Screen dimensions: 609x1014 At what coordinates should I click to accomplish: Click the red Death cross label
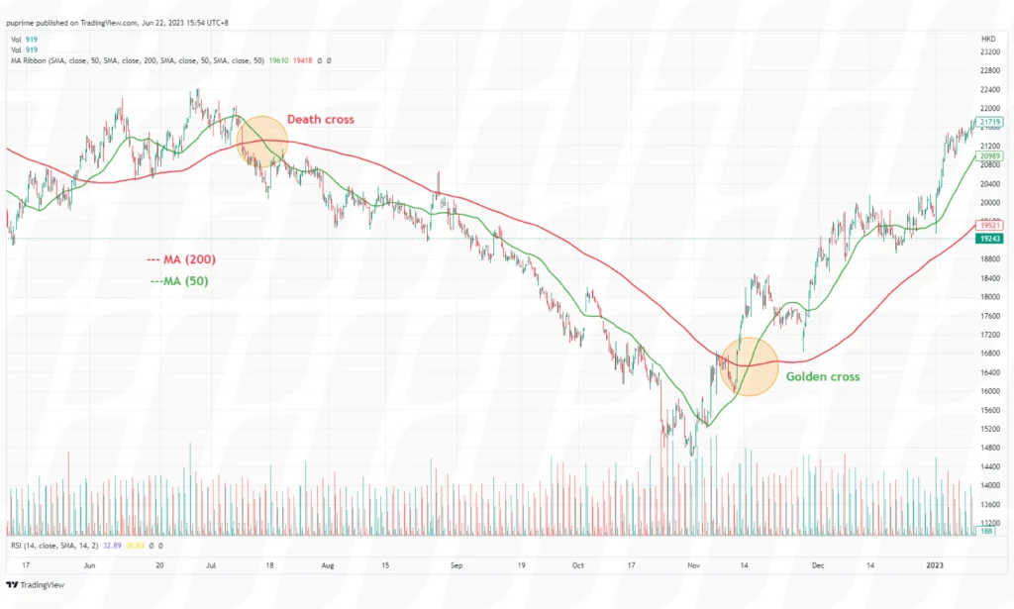click(320, 120)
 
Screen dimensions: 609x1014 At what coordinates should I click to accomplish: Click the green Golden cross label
click(822, 376)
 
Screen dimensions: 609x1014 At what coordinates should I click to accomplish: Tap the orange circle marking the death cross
click(262, 140)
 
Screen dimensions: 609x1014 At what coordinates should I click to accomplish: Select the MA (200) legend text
click(181, 259)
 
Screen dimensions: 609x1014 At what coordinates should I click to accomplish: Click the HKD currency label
click(985, 38)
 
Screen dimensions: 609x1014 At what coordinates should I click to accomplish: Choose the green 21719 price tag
click(988, 120)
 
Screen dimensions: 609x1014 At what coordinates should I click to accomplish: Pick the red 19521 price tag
click(988, 225)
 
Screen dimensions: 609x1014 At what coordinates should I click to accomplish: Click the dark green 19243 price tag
click(988, 239)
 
